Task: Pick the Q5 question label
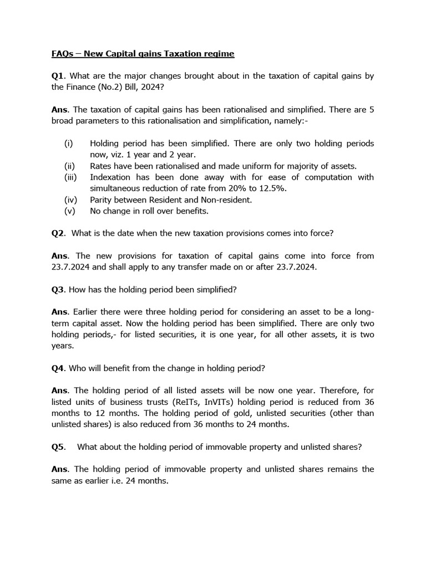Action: pyautogui.click(x=57, y=447)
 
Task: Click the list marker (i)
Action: pyautogui.click(x=68, y=144)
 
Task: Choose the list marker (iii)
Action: pyautogui.click(x=70, y=177)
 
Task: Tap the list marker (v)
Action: pyautogui.click(x=69, y=211)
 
